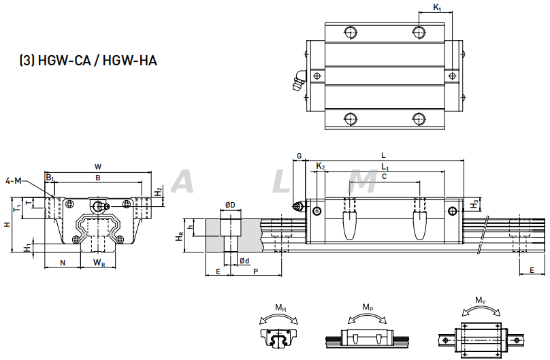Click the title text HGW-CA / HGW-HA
pos(88,61)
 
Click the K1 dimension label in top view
pos(438,8)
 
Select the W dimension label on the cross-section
pos(98,167)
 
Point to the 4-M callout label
pos(13,180)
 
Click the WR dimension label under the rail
pos(99,263)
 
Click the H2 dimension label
pos(159,192)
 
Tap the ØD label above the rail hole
pos(231,204)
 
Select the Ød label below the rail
pos(244,261)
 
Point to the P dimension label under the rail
pos(255,272)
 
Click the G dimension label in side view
pos(299,157)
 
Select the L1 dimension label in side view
pos(385,167)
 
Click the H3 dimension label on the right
pos(474,203)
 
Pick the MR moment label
pos(279,308)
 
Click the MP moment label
pos(367,308)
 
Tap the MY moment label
pos(481,300)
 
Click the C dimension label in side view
pos(385,177)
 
